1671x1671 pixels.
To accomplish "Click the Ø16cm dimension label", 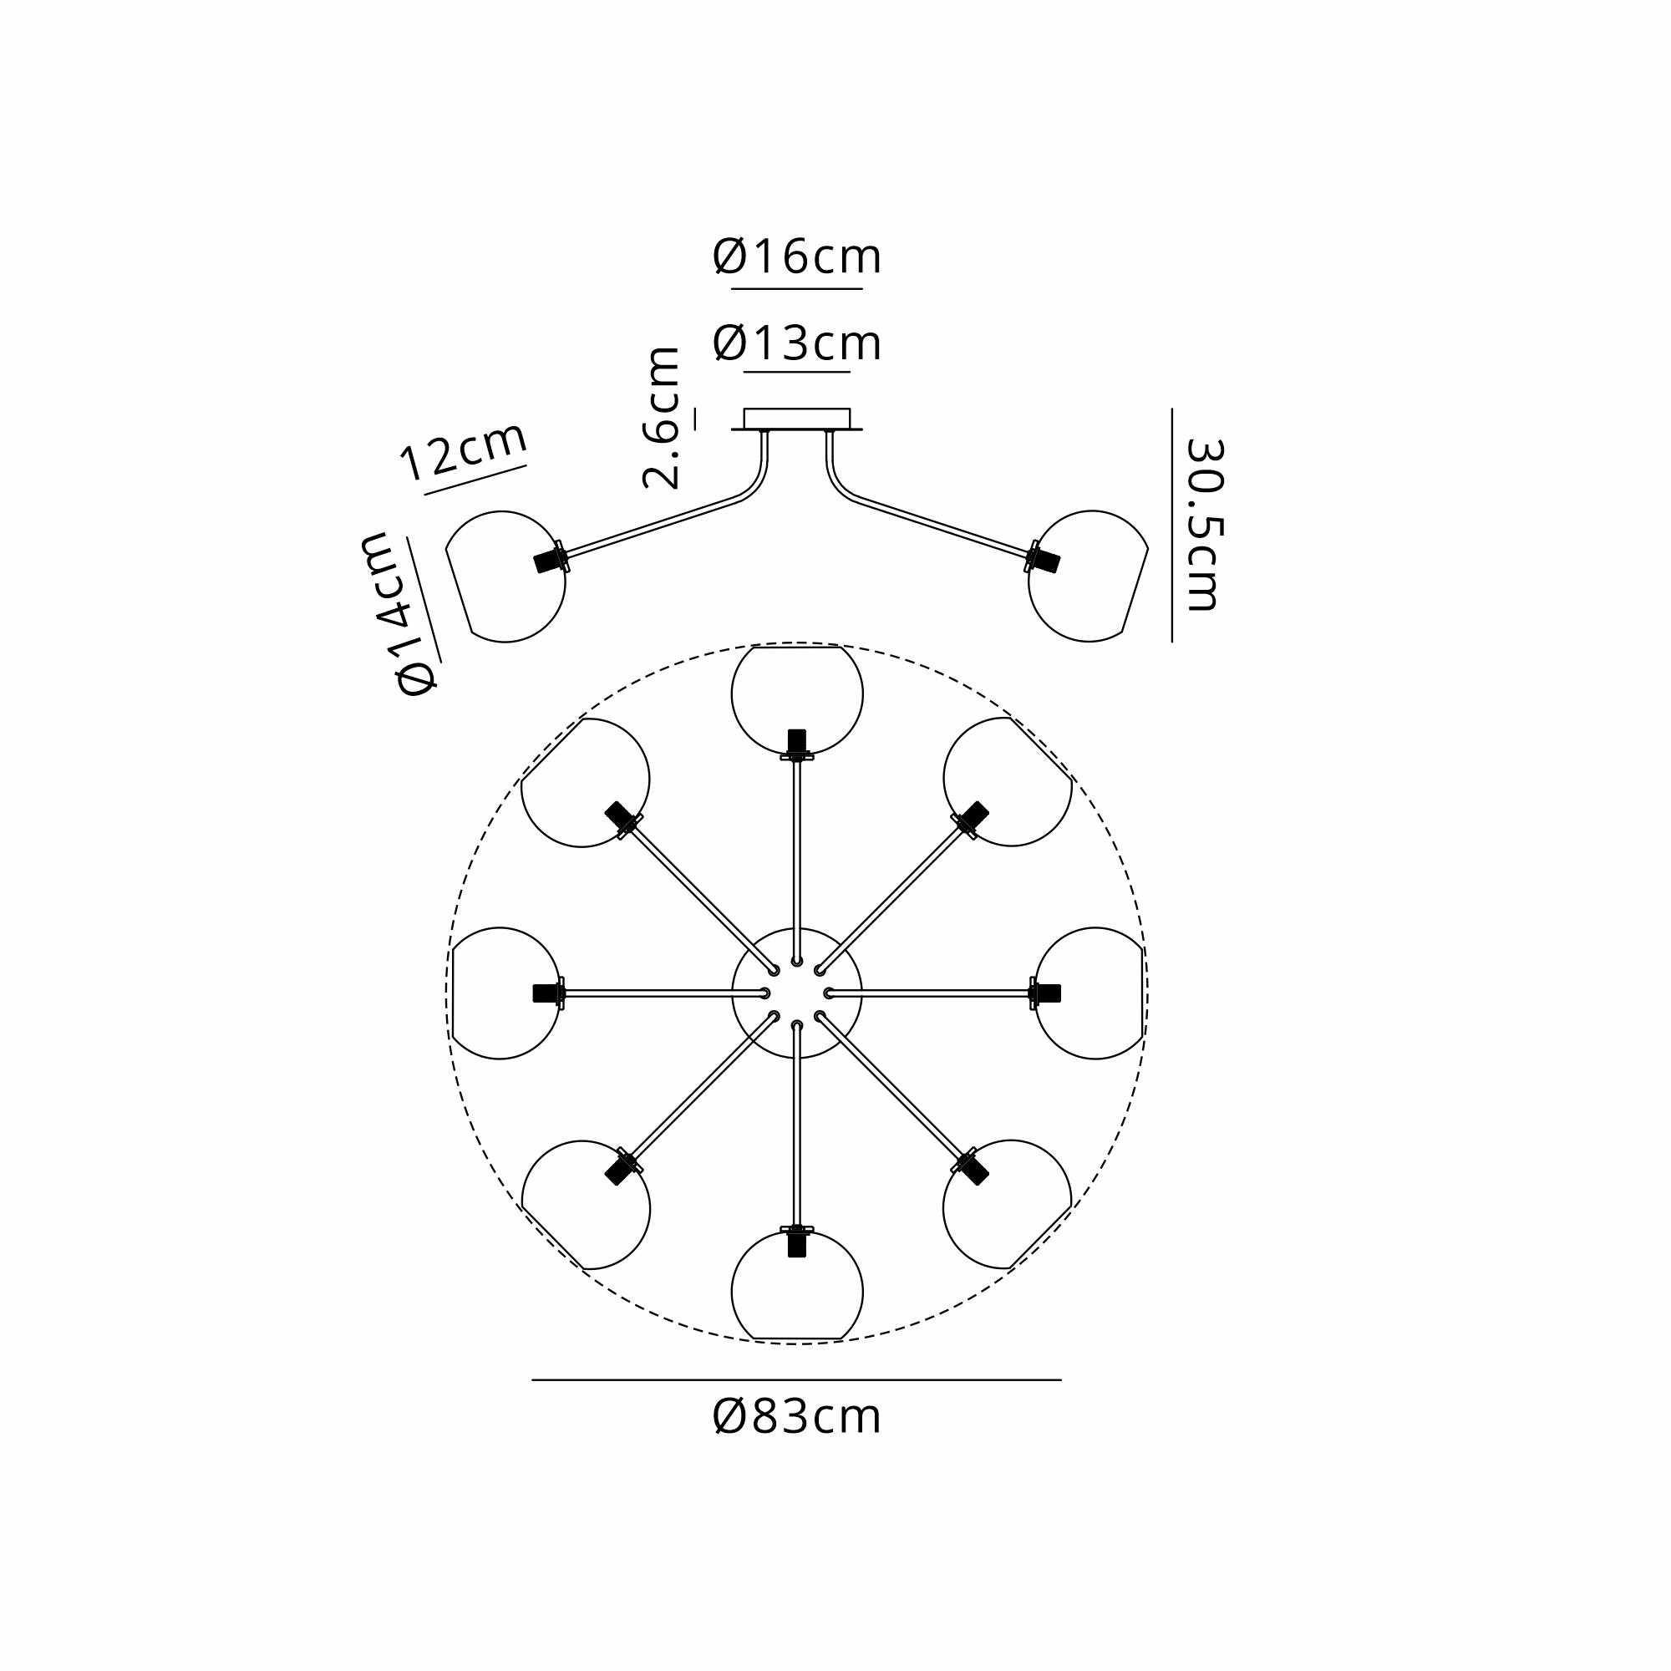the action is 796,256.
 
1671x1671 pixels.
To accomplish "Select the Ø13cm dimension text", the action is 796,343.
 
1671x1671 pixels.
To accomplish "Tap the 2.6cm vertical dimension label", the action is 661,418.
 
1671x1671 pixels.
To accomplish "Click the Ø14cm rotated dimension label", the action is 398,614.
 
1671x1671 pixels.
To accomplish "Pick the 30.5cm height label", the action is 1204,525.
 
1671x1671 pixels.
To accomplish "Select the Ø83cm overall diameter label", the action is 796,1418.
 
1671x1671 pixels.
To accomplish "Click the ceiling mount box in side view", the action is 796,419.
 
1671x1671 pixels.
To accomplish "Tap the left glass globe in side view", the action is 505,576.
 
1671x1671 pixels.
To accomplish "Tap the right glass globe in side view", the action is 1088,576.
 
